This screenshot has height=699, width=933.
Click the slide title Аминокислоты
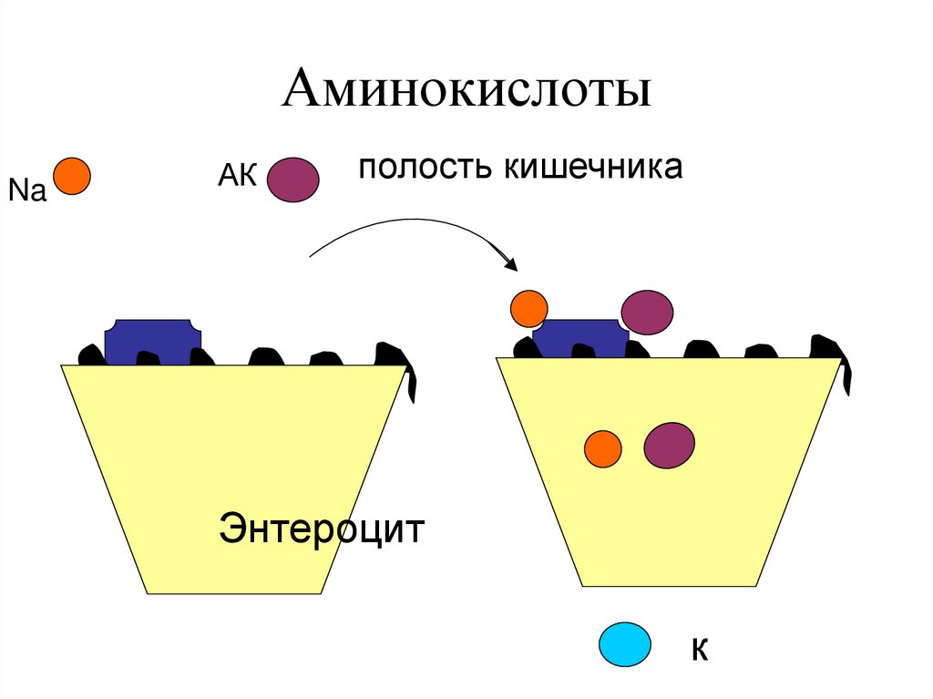[x=466, y=93]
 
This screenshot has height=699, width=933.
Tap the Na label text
[x=26, y=191]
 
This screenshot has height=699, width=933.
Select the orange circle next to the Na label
[x=72, y=175]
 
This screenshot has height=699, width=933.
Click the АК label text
[x=238, y=174]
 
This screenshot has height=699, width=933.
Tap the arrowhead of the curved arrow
[x=511, y=265]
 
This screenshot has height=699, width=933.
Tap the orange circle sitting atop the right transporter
[x=528, y=309]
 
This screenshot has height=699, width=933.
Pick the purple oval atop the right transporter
[x=647, y=312]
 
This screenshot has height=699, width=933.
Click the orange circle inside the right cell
[x=602, y=448]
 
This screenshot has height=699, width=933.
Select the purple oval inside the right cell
[x=670, y=446]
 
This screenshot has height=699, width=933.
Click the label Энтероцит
[x=322, y=529]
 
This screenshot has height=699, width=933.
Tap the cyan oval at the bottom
[x=625, y=644]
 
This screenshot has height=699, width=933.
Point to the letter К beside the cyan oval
[x=699, y=649]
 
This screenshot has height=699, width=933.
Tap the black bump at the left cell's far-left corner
[x=89, y=354]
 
